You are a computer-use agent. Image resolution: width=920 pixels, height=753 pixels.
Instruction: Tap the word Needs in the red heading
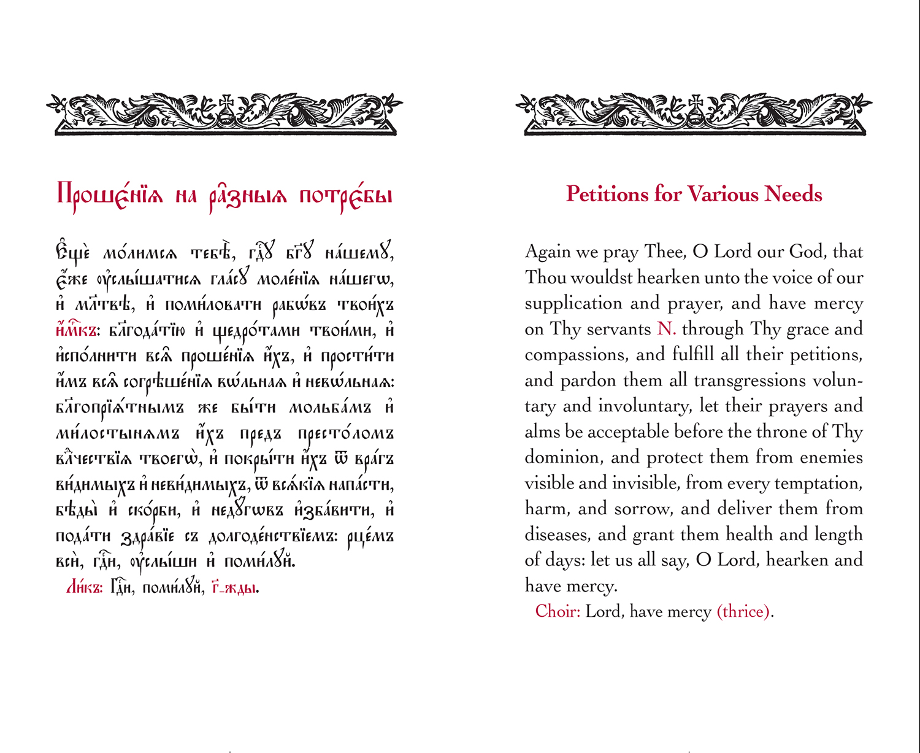click(793, 195)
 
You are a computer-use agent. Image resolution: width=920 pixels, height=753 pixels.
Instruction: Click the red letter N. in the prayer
click(666, 329)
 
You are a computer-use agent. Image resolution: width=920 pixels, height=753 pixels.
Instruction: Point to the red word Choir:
click(558, 611)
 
